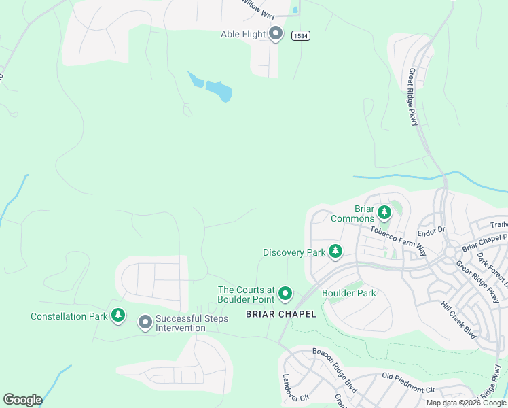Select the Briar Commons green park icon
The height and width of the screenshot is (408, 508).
(384, 212)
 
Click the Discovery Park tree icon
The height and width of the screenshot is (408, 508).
(335, 251)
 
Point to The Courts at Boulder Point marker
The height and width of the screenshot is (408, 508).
(285, 294)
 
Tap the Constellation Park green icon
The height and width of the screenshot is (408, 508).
(119, 316)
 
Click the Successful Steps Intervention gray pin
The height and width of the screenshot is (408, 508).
(145, 322)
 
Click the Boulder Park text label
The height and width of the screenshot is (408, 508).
(349, 294)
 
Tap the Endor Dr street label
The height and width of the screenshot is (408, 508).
(431, 230)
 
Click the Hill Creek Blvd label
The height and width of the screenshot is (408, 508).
(458, 320)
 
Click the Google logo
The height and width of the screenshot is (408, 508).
(22, 400)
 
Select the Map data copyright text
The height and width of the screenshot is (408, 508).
(467, 403)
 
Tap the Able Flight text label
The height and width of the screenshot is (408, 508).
(243, 34)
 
